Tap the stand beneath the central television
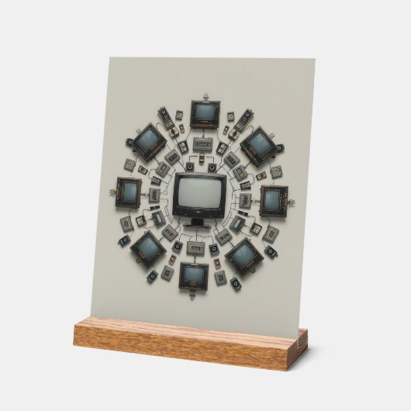[x=199, y=223]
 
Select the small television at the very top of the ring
[x=205, y=113]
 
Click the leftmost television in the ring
[x=128, y=192]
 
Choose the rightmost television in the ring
[x=273, y=199]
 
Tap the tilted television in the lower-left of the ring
[x=147, y=247]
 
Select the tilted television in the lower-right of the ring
[x=243, y=255]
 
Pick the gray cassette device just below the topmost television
[x=203, y=144]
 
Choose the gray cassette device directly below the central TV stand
[x=197, y=247]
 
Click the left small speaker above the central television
[x=190, y=167]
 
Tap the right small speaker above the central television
[x=212, y=167]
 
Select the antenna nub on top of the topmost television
[x=205, y=97]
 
